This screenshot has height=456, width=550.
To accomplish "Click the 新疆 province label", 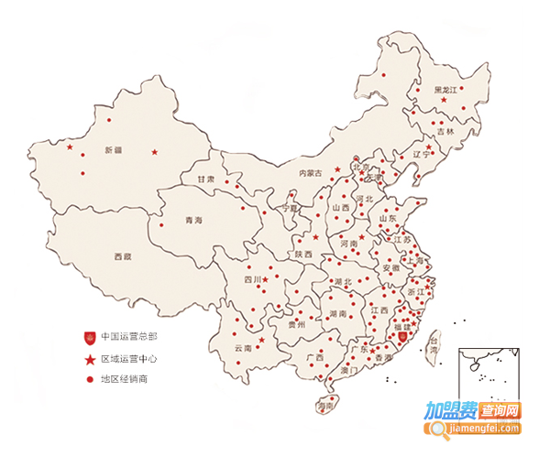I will coord(113,149).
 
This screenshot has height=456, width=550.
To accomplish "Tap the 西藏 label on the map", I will coord(122,257).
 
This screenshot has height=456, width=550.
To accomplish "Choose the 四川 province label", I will coord(253,279).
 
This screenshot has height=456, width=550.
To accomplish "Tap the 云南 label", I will coord(243,348).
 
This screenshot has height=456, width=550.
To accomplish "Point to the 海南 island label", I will coord(323,405).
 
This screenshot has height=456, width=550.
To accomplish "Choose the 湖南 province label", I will coord(336,313).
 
